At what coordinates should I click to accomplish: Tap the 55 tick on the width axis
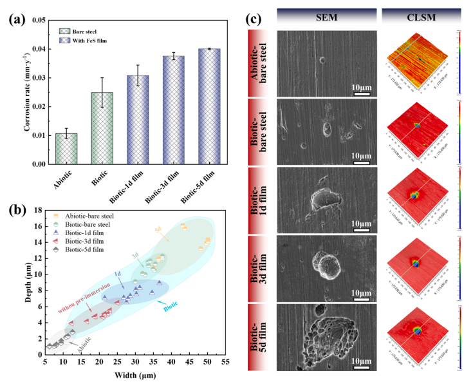click(225, 363)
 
